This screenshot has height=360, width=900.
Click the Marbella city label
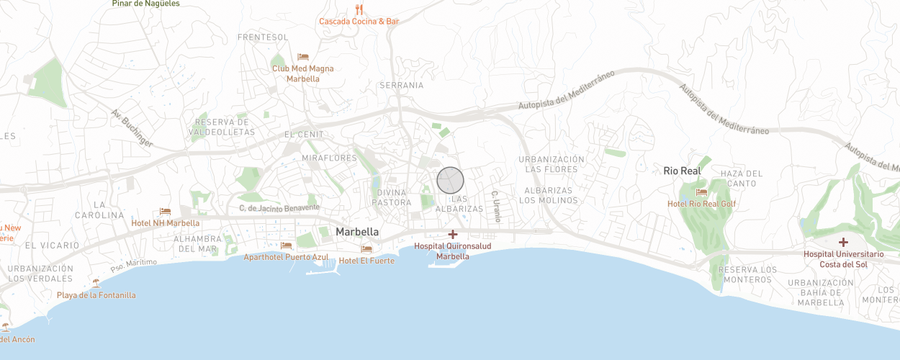(357, 232)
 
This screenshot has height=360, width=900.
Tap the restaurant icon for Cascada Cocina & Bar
(359, 10)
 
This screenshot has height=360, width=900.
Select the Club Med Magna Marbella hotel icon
(303, 57)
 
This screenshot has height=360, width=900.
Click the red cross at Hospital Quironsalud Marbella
(453, 234)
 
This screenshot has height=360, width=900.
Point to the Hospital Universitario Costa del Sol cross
(843, 243)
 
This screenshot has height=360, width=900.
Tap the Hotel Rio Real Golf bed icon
(701, 192)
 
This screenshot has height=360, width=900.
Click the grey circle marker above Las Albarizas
(450, 180)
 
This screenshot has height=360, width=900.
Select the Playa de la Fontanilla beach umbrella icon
(96, 283)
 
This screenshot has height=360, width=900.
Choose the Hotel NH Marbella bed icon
(165, 211)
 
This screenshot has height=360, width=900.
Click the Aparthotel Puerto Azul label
(286, 257)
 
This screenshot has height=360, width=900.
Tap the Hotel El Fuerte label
(366, 261)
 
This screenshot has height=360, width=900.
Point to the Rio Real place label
(681, 171)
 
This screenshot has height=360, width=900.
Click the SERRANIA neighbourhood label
(401, 85)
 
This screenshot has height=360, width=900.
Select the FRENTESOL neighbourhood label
(263, 37)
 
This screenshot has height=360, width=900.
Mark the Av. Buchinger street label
(132, 128)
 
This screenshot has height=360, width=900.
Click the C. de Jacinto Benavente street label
(279, 207)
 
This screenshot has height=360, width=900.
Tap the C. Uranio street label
(495, 205)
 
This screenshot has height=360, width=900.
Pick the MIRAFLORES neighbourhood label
(330, 158)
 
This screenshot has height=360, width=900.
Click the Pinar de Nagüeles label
(146, 4)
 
